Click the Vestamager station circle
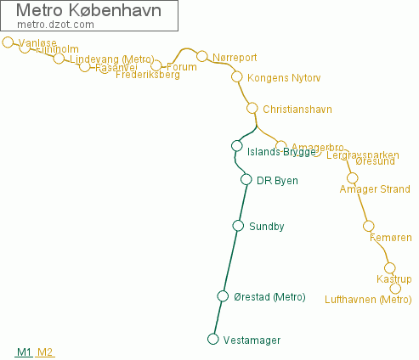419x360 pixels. tap(213, 340)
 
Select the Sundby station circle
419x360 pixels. tap(238, 226)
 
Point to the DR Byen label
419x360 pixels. tap(277, 180)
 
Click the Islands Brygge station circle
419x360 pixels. tap(237, 146)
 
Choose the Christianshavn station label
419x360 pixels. tap(297, 110)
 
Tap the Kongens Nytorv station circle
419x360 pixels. tap(237, 76)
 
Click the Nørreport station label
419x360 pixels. tap(235, 59)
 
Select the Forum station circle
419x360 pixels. tap(156, 65)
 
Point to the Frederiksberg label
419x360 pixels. tap(148, 76)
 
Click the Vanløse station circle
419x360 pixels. tap(8, 42)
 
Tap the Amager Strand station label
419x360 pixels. tap(374, 189)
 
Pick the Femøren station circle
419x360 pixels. tap(368, 225)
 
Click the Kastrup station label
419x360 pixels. tap(394, 279)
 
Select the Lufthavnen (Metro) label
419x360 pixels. tap(368, 300)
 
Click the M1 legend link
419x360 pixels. tap(24, 352)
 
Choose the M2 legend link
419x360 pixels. tap(45, 352)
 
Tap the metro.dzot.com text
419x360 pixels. tap(55, 25)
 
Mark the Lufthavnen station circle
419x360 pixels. tap(395, 289)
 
